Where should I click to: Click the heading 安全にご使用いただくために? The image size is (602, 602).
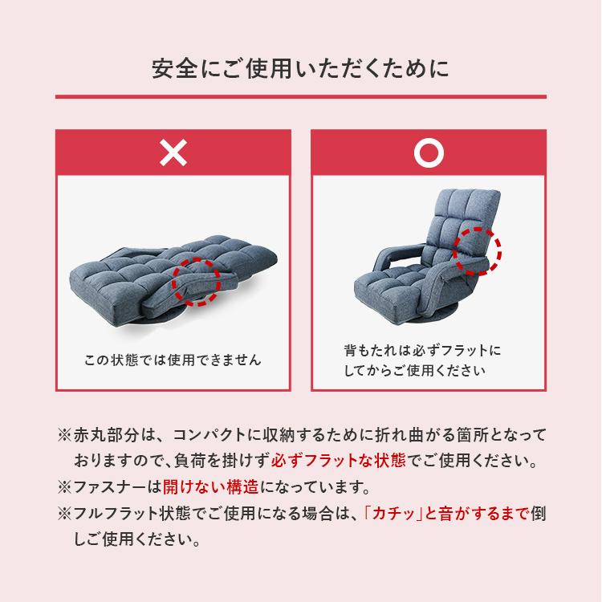[300, 67]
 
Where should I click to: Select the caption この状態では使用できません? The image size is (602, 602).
[173, 360]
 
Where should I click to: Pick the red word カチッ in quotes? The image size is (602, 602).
[393, 513]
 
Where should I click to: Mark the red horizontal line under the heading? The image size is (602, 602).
[300, 97]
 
